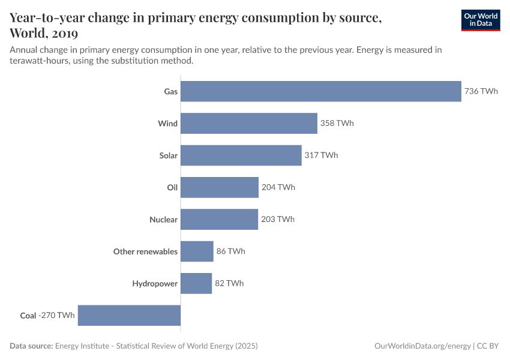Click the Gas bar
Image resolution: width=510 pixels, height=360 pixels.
coord(321,91)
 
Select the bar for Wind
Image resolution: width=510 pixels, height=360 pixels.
coord(249,123)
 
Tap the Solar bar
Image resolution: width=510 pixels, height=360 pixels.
coord(241,155)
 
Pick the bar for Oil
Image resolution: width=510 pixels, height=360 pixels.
coord(220,187)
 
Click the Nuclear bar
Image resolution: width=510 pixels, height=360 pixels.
coord(219,219)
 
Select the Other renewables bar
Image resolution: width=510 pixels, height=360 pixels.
coord(197,251)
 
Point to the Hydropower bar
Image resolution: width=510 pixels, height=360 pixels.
coord(196,283)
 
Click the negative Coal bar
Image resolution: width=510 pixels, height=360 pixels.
coord(129,315)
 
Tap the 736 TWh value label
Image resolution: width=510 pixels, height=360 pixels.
coord(481,91)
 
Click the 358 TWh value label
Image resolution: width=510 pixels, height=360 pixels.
coord(337,123)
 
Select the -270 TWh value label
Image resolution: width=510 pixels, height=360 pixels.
coord(57,315)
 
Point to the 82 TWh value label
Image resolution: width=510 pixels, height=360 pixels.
coord(229,283)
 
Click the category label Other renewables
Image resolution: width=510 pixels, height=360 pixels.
coord(145,251)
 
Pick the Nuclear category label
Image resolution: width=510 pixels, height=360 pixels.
coord(163,220)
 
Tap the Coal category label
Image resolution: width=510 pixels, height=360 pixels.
coord(28,315)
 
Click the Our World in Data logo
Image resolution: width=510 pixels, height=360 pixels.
coord(480,20)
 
